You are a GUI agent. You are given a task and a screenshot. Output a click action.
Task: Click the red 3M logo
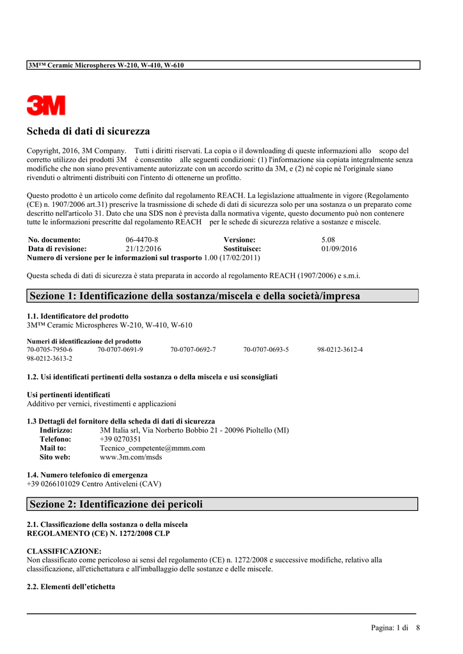tap(45, 105)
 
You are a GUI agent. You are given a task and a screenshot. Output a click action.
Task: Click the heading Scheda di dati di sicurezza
tap(88, 132)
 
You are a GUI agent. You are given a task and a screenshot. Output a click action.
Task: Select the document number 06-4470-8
tap(142, 240)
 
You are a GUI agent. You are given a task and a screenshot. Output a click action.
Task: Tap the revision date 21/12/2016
tap(143, 248)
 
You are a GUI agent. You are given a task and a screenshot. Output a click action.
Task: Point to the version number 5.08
tap(328, 240)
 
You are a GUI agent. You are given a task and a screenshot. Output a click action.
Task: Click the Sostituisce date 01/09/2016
tap(339, 248)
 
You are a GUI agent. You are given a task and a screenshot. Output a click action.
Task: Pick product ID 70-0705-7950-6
tap(50, 350)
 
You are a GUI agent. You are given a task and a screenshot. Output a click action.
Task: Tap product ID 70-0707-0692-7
tap(193, 350)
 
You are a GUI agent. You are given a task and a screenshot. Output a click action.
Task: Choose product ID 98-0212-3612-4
tap(340, 350)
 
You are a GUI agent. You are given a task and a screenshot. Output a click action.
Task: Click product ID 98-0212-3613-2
tap(50, 358)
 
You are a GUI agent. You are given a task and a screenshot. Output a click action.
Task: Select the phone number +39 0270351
tap(120, 439)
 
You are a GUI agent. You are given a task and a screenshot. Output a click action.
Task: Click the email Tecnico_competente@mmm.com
tap(152, 448)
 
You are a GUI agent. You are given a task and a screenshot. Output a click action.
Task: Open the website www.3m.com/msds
tap(130, 457)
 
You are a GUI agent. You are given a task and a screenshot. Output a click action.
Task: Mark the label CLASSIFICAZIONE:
tap(64, 551)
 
